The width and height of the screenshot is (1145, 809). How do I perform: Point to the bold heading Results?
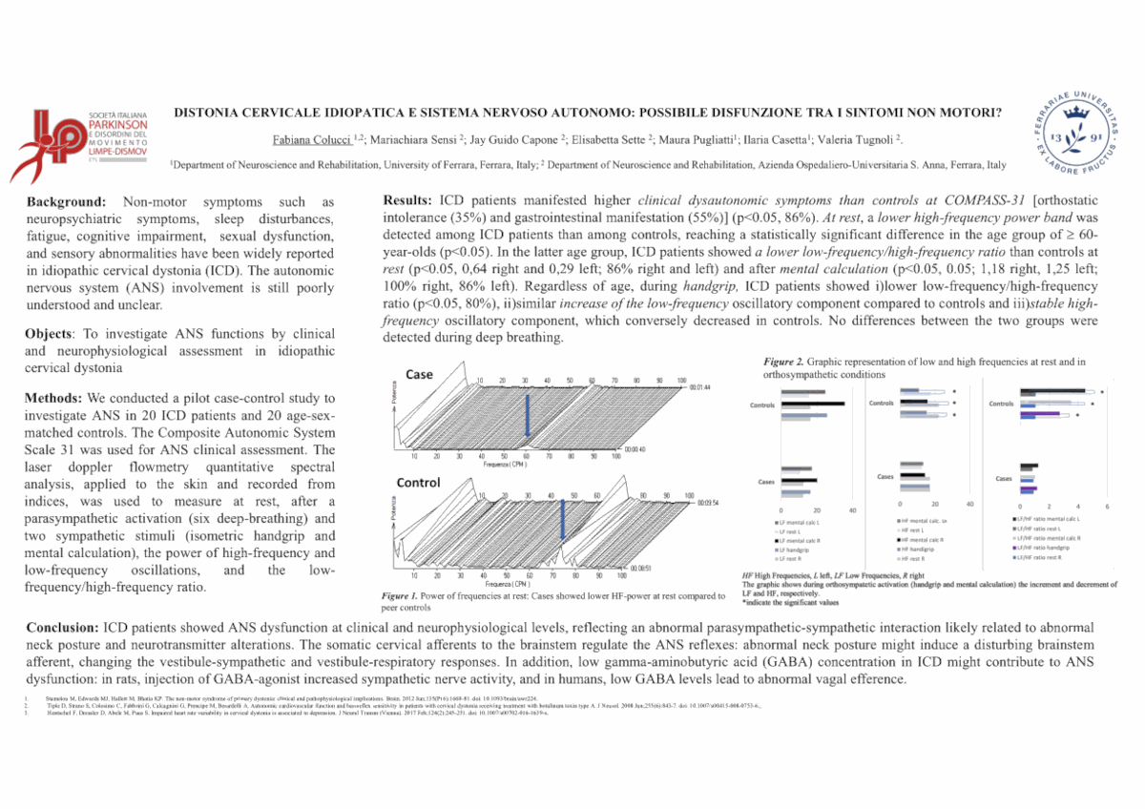(409, 200)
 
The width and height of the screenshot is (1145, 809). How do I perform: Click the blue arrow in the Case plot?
(528, 410)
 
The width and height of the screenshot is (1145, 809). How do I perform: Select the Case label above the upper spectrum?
(420, 375)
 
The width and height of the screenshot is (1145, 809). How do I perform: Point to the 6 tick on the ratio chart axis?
(1107, 505)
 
